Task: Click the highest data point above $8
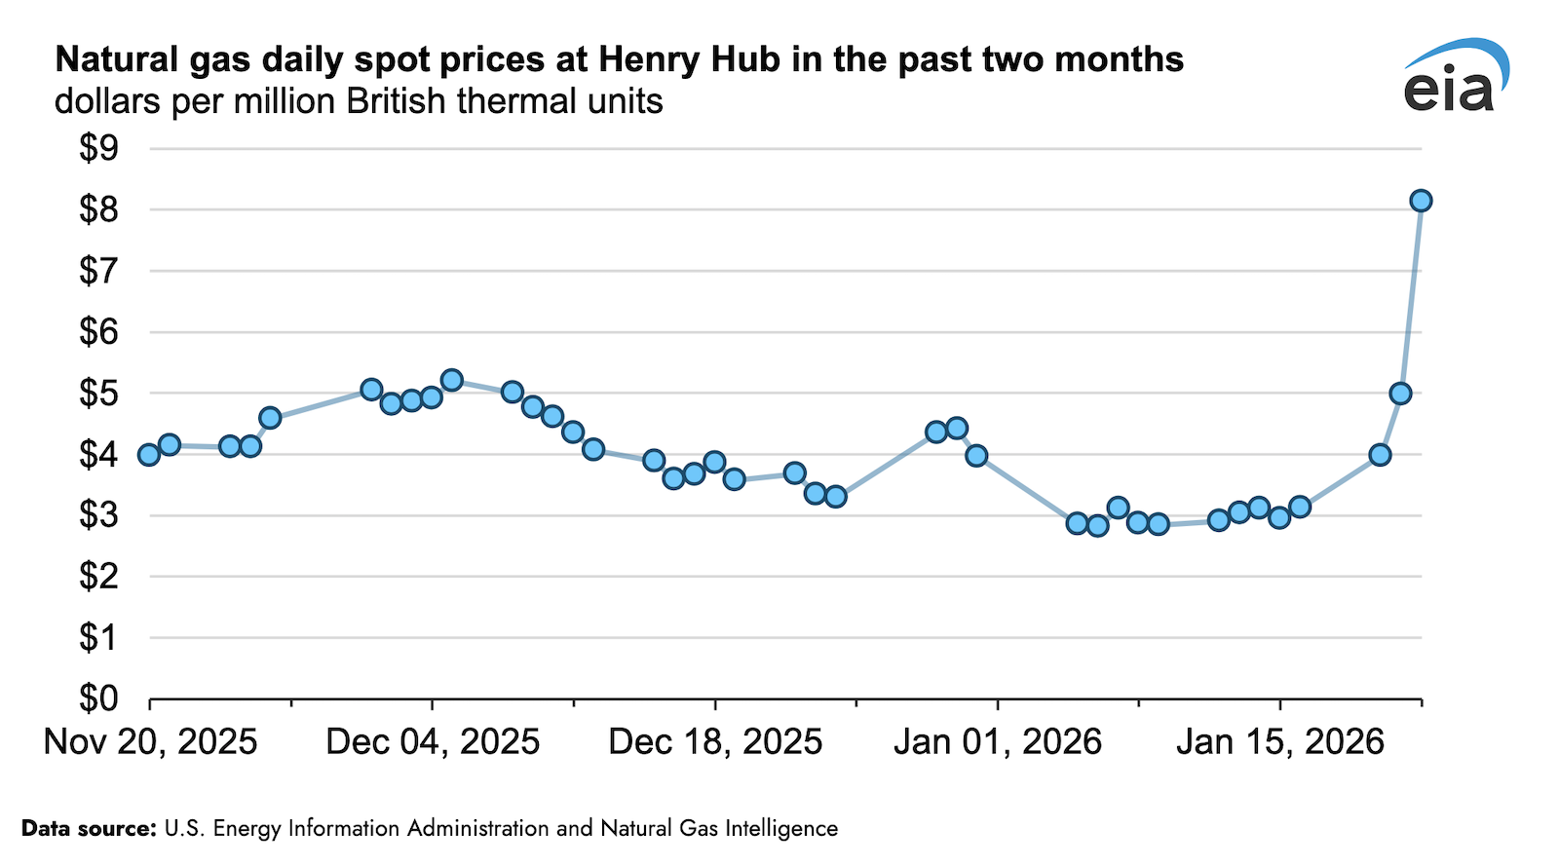pyautogui.click(x=1421, y=201)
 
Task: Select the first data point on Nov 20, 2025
pyautogui.click(x=149, y=455)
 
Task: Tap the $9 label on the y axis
pyautogui.click(x=98, y=149)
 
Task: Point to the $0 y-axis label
pyautogui.click(x=98, y=698)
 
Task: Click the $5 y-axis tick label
pyautogui.click(x=98, y=394)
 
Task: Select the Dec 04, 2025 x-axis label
pyautogui.click(x=433, y=742)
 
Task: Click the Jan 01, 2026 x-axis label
pyautogui.click(x=997, y=742)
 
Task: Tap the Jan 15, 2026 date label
pyautogui.click(x=1279, y=742)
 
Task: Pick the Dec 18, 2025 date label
pyautogui.click(x=715, y=742)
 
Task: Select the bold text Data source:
pyautogui.click(x=89, y=829)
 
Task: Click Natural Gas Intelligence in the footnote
pyautogui.click(x=719, y=829)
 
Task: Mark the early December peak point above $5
pyautogui.click(x=451, y=380)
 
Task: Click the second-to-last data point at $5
pyautogui.click(x=1400, y=394)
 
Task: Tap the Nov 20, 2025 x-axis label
pyautogui.click(x=151, y=742)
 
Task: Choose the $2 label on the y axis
pyautogui.click(x=98, y=577)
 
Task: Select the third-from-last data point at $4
pyautogui.click(x=1380, y=455)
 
